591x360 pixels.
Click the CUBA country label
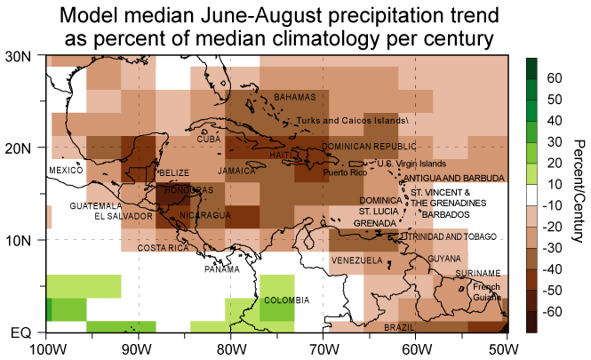(x=208, y=140)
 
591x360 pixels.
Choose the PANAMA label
(x=221, y=268)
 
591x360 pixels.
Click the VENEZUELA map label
(x=356, y=260)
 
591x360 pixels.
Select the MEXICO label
(x=65, y=169)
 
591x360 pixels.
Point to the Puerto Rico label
(x=343, y=172)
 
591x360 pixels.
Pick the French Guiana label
(x=486, y=292)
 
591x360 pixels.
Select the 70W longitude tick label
(x=323, y=348)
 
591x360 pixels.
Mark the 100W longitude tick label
(x=45, y=348)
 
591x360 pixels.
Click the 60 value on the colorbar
(x=553, y=78)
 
